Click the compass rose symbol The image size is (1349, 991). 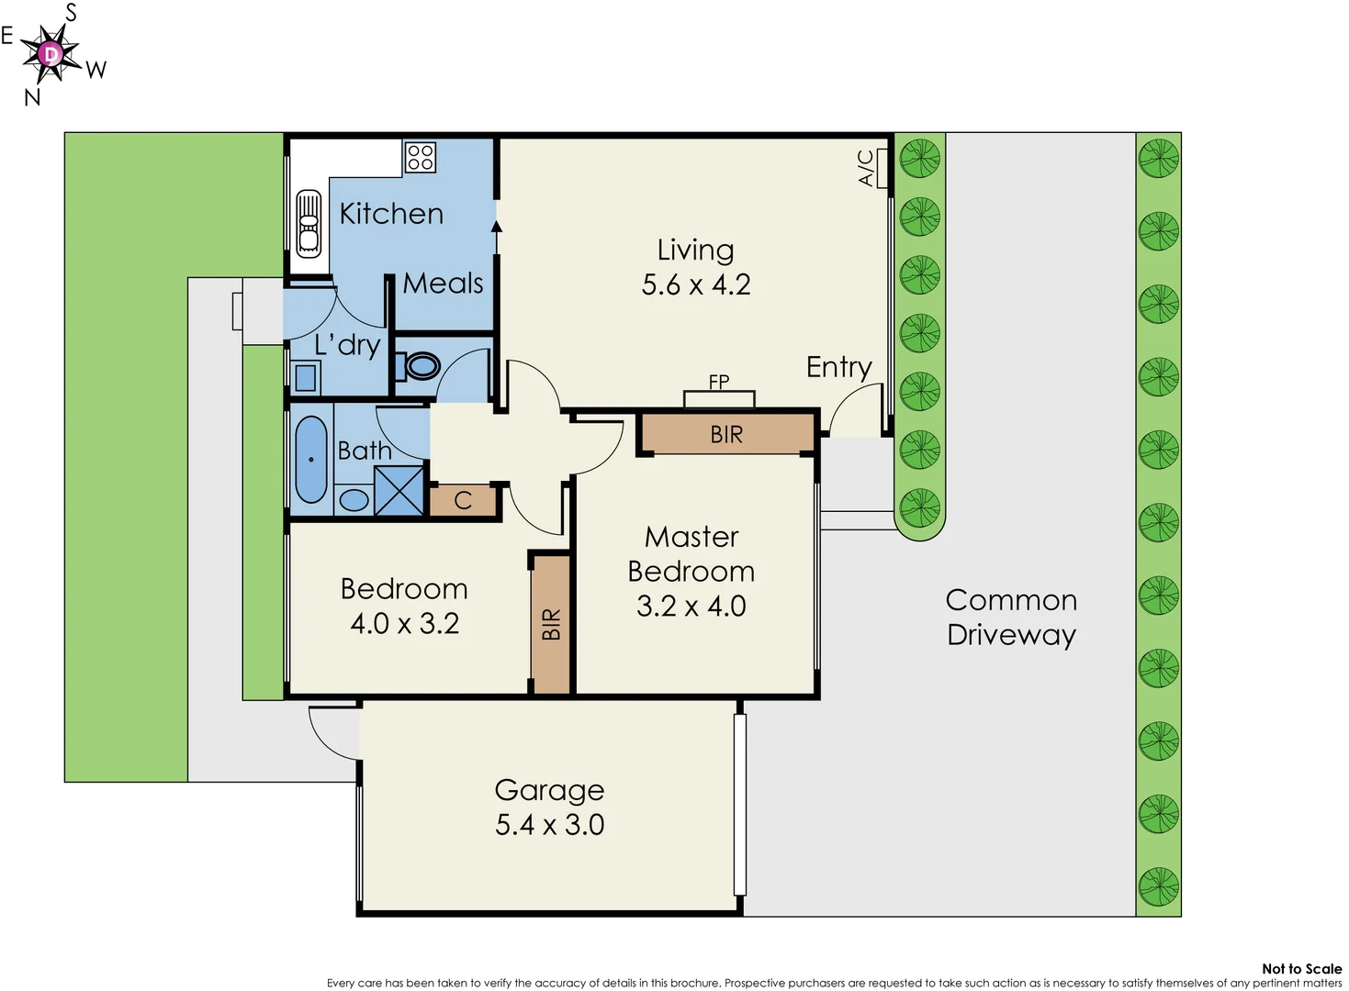pyautogui.click(x=51, y=54)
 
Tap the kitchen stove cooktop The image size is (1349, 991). pyautogui.click(x=420, y=157)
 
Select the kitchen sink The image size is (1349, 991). pyautogui.click(x=309, y=222)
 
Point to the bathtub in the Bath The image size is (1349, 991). pyautogui.click(x=311, y=460)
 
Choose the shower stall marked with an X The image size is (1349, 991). pyautogui.click(x=399, y=491)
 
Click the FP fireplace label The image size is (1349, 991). pyautogui.click(x=719, y=382)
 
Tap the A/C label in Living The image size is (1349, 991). pyautogui.click(x=866, y=169)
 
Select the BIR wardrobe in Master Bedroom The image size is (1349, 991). pyautogui.click(x=726, y=434)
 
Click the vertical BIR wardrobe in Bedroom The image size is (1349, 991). pyautogui.click(x=551, y=624)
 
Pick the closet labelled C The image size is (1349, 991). pyautogui.click(x=463, y=500)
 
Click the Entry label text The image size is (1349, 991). pyautogui.click(x=838, y=367)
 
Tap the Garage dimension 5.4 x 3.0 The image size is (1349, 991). pyautogui.click(x=549, y=825)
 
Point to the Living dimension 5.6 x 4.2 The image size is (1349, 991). pyautogui.click(x=695, y=284)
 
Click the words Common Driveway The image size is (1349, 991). pyautogui.click(x=1011, y=617)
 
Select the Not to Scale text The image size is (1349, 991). pyautogui.click(x=1301, y=968)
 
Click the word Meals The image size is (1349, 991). pyautogui.click(x=443, y=284)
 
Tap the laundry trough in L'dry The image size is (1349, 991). pyautogui.click(x=305, y=376)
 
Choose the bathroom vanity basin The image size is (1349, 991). pyautogui.click(x=354, y=500)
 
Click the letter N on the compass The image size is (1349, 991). pyautogui.click(x=32, y=97)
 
